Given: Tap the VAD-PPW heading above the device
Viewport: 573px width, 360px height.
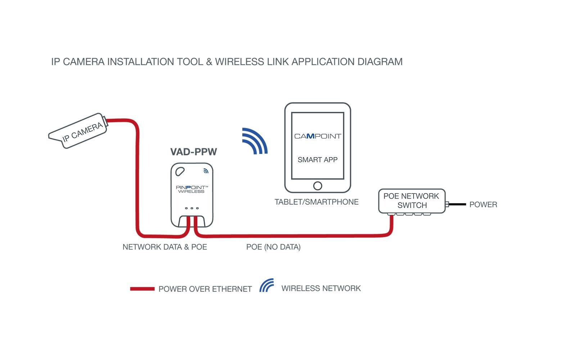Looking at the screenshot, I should (194, 152).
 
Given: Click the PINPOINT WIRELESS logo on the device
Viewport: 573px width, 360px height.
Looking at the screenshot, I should (191, 189).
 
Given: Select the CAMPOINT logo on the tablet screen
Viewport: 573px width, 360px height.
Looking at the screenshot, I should (317, 136).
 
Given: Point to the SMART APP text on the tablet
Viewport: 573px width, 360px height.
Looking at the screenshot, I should (317, 160).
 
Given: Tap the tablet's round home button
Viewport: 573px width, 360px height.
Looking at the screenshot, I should (317, 186).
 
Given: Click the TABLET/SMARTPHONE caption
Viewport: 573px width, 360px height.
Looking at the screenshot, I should (316, 202).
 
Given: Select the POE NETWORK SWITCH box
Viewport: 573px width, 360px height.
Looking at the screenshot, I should (411, 201).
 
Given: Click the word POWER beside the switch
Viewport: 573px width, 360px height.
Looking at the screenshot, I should (483, 205).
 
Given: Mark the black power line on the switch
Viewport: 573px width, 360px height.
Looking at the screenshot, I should (457, 204).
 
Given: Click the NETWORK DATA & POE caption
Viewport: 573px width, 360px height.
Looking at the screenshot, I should (164, 247).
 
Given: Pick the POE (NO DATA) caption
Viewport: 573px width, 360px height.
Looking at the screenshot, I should (273, 247).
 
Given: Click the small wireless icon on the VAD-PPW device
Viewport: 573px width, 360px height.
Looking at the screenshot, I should (206, 171).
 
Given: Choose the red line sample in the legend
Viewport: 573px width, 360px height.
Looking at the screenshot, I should (142, 289).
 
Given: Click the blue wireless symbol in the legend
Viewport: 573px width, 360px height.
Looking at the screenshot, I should (267, 286).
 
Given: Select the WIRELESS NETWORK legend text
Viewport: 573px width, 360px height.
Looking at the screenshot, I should (321, 288).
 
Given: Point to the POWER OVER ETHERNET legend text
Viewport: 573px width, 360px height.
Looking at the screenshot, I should (205, 289).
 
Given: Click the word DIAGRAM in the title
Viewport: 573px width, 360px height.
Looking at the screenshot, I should (380, 62).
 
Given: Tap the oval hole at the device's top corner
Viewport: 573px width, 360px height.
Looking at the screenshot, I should (180, 172).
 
